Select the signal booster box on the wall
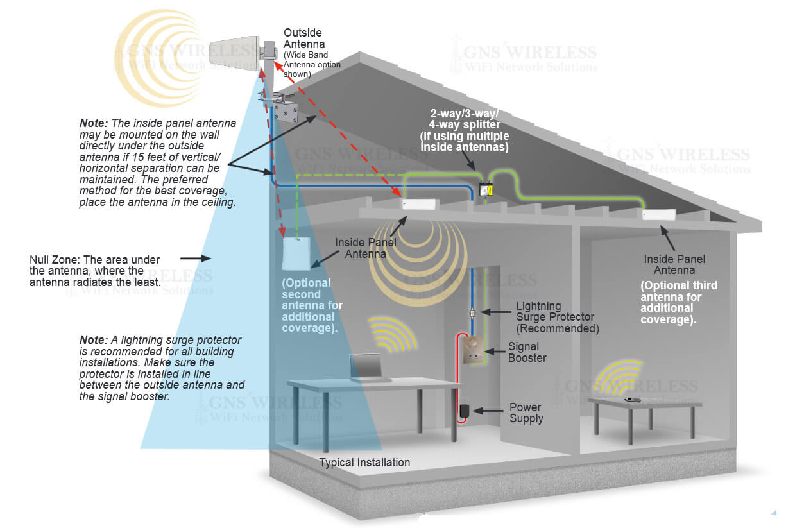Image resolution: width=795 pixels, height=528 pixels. point(472,350)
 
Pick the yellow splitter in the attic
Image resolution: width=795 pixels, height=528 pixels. point(486,189)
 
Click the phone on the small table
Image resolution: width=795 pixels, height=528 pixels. point(633,400)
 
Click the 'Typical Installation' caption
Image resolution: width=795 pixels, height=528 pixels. point(364,462)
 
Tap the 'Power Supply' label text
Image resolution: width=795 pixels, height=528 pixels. point(526,413)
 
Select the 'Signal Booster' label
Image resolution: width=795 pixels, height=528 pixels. point(527,352)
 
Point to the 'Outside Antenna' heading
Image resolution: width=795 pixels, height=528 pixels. point(303,38)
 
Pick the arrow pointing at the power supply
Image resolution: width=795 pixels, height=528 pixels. point(491,410)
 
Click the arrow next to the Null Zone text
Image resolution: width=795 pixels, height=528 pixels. point(195,259)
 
